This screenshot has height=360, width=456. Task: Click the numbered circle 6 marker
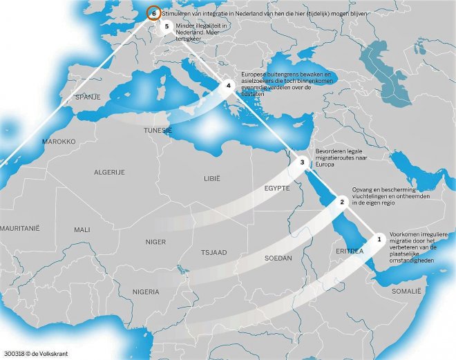154,12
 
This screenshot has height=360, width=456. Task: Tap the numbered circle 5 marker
167,26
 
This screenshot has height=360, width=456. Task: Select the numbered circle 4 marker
229,86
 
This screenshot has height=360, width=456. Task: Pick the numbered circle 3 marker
302,162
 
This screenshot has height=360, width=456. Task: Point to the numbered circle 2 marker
341,201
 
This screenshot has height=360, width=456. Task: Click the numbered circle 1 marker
379,238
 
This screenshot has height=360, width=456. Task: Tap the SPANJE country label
88,97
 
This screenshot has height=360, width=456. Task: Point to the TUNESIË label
158,130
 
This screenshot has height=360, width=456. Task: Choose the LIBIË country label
211,178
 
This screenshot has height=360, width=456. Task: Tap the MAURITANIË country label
20,227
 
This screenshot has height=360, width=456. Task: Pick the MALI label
82,229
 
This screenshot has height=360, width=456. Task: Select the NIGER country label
156,242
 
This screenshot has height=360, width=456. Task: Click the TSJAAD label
214,252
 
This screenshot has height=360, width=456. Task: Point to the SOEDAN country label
278,258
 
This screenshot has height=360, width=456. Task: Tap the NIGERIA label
146,292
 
